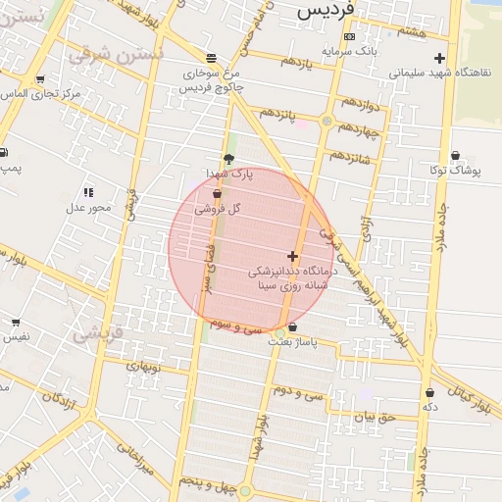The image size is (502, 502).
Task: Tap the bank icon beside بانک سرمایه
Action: [x=350, y=36]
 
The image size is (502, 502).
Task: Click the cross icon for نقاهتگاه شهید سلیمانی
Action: [x=439, y=58]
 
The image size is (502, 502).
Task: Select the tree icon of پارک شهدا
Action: [x=228, y=159]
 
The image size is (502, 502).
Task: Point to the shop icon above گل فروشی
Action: [x=216, y=195]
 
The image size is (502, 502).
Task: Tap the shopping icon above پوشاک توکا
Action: [x=456, y=156]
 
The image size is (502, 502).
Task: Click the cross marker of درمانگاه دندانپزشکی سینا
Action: [x=292, y=255]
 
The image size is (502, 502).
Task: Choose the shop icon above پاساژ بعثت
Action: [x=292, y=326]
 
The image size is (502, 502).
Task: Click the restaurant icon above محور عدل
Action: [x=88, y=192]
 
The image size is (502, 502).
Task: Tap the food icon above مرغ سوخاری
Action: [x=213, y=59]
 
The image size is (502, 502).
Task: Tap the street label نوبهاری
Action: [x=141, y=367]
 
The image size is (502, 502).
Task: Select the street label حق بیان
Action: [x=375, y=417]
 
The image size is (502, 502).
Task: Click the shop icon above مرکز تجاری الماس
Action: [x=39, y=79]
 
